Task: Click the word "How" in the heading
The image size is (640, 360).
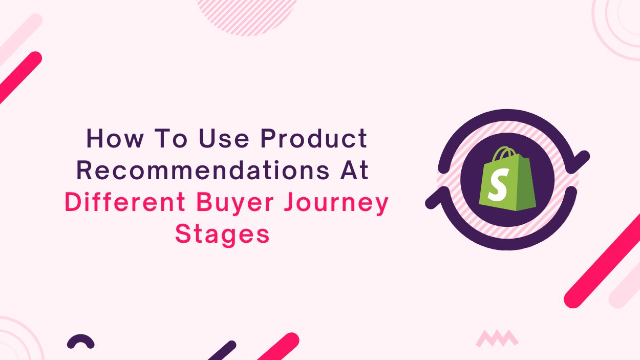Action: [x=115, y=139]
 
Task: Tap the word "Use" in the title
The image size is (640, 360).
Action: [x=224, y=139]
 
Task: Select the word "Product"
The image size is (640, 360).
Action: [x=314, y=138]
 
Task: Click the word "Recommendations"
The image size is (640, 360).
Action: [x=203, y=171]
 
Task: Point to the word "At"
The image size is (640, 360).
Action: [x=354, y=171]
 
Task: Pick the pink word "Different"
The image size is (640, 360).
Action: [x=125, y=202]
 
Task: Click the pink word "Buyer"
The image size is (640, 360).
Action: [x=235, y=203]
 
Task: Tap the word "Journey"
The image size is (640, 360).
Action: [x=336, y=203]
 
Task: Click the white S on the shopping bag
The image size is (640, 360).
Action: [x=498, y=185]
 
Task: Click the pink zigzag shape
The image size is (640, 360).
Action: [x=497, y=338]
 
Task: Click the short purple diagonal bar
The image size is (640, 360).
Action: [x=222, y=350]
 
